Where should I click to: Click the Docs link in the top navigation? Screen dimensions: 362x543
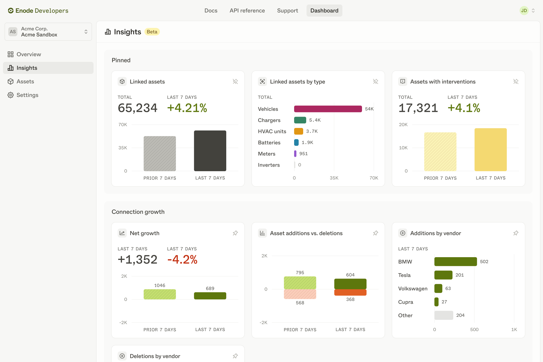click(x=211, y=11)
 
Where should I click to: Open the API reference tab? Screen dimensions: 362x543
click(x=247, y=11)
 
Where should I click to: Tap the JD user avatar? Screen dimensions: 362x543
click(x=524, y=11)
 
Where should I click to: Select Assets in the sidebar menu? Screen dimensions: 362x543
click(x=25, y=81)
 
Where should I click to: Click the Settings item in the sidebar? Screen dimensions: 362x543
click(x=27, y=95)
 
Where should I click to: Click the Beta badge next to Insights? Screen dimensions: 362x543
click(x=152, y=32)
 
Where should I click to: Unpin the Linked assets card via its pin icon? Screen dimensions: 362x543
click(x=235, y=81)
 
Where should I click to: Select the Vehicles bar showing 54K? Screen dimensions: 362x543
click(x=328, y=109)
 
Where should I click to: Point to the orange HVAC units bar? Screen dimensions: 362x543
click(x=299, y=131)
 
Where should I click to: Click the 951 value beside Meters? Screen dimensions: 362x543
click(x=303, y=154)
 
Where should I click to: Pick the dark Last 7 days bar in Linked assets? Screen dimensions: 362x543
click(x=210, y=151)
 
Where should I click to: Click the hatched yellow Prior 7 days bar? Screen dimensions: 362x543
click(x=440, y=152)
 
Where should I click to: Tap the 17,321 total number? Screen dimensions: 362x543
click(x=418, y=108)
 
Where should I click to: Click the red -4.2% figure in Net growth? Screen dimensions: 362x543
click(x=182, y=260)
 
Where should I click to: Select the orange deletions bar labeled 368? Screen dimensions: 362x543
click(x=350, y=292)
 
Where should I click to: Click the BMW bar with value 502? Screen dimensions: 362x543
click(x=456, y=261)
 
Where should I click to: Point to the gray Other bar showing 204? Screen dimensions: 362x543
click(x=444, y=315)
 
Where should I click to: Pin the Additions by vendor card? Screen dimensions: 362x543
click(x=516, y=233)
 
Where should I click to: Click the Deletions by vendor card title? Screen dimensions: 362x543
click(x=155, y=356)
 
